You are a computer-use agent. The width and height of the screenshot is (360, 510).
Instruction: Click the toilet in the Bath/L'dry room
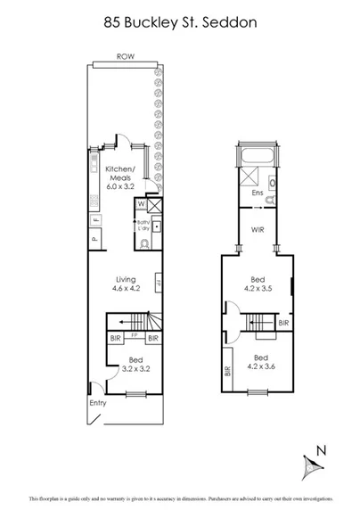point(143,242)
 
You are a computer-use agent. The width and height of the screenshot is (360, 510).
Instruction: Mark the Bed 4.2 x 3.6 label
point(258,361)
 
